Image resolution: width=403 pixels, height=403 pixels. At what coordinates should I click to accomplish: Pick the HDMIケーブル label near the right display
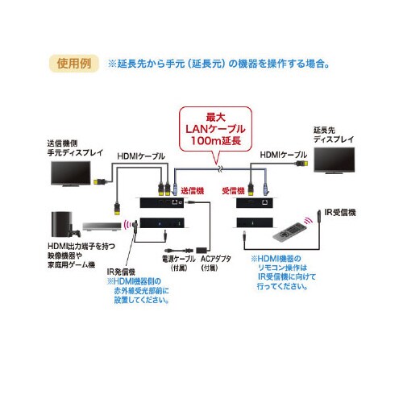click(x=282, y=154)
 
